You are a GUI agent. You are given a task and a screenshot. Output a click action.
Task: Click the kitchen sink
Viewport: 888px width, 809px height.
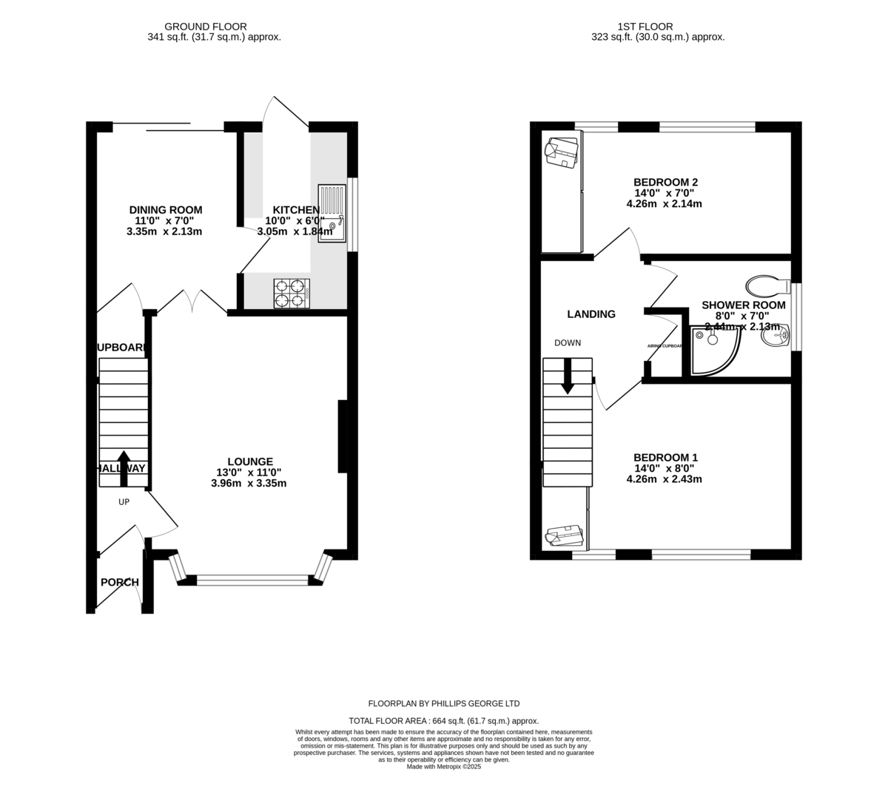[332, 212]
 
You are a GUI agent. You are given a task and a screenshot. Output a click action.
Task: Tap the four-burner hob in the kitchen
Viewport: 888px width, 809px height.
[291, 292]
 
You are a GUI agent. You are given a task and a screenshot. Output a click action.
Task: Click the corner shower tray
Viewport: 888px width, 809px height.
[712, 351]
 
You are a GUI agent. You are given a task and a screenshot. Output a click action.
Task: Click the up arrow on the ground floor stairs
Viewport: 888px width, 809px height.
[123, 467]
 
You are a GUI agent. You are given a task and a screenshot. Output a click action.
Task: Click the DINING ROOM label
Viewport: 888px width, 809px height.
[165, 210]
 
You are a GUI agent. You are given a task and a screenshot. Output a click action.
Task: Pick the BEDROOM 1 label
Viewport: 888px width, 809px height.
[665, 457]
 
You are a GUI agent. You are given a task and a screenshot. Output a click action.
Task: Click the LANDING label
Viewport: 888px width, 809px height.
[591, 314]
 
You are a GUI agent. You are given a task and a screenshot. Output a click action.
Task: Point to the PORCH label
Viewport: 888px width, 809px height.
[120, 582]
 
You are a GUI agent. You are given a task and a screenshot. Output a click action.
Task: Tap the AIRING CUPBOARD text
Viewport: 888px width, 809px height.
[664, 346]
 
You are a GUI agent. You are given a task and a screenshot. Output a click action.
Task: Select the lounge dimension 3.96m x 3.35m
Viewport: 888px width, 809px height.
[249, 484]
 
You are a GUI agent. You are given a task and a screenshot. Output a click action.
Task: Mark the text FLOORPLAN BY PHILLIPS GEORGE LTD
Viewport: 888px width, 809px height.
[444, 703]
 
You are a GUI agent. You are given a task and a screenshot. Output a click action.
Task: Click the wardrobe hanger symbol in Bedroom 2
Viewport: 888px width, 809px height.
[560, 152]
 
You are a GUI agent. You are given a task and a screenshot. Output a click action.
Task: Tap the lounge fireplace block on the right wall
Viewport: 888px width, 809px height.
[343, 436]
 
